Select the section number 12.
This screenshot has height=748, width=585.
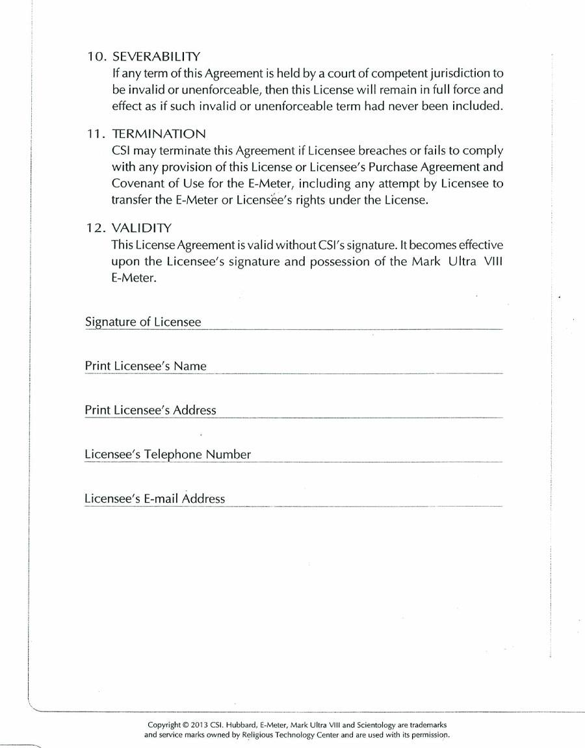[x=96, y=228]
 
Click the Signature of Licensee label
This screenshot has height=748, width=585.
[x=143, y=322]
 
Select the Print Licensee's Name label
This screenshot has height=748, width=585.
[x=146, y=366]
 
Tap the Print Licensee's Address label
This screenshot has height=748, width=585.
[x=150, y=410]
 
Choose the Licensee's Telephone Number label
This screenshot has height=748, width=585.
[x=168, y=455]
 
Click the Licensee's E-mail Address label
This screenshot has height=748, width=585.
[x=155, y=499]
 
